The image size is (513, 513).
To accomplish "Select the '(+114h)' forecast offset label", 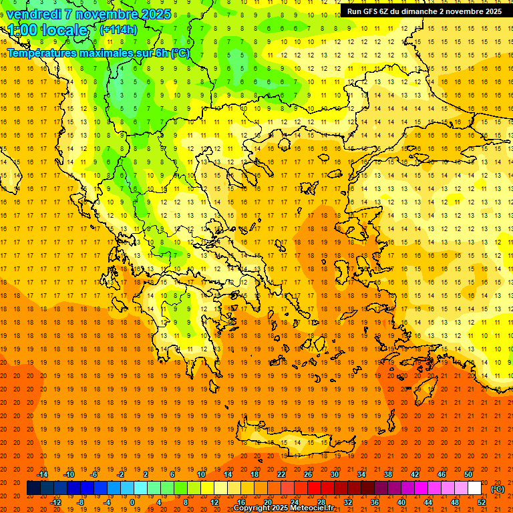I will tap(118, 30).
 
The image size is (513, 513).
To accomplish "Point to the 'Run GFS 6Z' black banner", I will tap(425, 11).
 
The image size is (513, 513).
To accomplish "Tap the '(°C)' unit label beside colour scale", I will tap(498, 489).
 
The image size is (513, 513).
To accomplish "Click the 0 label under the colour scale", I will tap(132, 502).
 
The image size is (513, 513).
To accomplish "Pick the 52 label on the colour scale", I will tap(482, 502).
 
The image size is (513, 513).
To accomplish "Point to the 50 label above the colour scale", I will tap(469, 474).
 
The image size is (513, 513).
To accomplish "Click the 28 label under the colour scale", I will tap(321, 502).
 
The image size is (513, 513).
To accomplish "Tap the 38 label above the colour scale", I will tap(388, 474).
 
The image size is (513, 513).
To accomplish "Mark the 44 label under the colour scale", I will tap(428, 502).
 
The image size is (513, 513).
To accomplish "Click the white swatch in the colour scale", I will tap(475, 488).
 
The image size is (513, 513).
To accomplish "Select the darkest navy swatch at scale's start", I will tap(33, 488).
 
